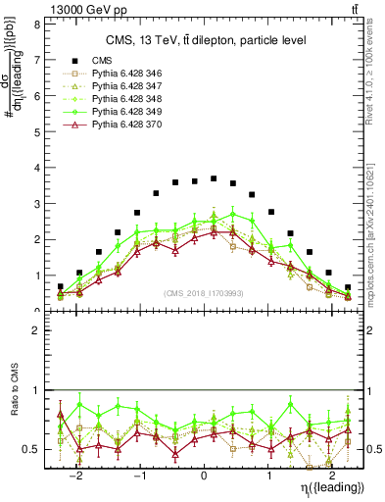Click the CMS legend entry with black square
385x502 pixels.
click(x=102, y=61)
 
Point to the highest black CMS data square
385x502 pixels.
click(x=214, y=178)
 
